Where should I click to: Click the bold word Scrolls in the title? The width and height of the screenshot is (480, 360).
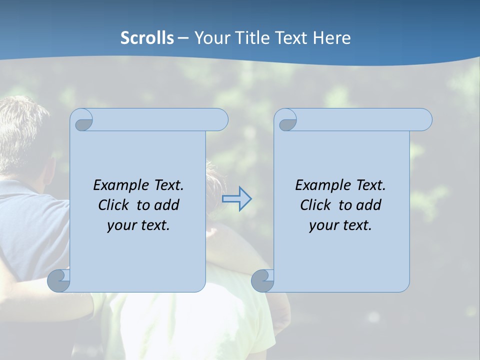tap(147, 38)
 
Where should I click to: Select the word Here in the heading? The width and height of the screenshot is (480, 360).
tap(331, 38)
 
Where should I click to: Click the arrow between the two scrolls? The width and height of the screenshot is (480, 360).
tap(236, 199)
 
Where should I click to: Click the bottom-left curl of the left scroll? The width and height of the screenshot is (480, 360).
tap(59, 280)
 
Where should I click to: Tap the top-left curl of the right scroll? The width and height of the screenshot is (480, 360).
tap(286, 120)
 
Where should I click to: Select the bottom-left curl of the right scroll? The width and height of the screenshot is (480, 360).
tap(262, 280)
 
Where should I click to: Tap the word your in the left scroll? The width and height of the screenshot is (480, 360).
tap(121, 225)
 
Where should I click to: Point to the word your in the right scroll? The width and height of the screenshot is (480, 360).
tap(323, 225)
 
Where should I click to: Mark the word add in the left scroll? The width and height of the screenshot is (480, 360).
tap(167, 205)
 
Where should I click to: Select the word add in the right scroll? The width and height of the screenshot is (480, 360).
tap(369, 205)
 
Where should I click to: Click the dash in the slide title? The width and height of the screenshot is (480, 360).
tap(183, 38)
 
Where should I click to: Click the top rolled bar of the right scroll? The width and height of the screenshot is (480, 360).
tap(360, 119)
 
